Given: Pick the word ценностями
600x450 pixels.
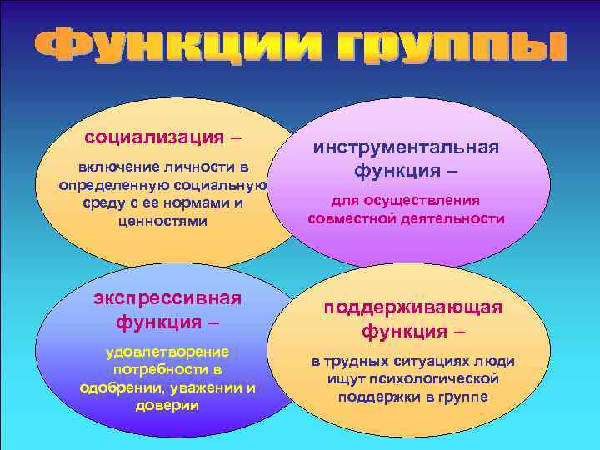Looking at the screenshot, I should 163,222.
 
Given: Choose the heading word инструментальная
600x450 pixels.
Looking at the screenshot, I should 406,147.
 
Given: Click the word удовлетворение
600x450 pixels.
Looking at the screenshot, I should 167,352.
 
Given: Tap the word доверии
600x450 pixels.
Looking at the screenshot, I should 167,406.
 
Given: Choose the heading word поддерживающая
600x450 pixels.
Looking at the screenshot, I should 413,307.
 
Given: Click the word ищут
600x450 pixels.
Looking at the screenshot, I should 347,379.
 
